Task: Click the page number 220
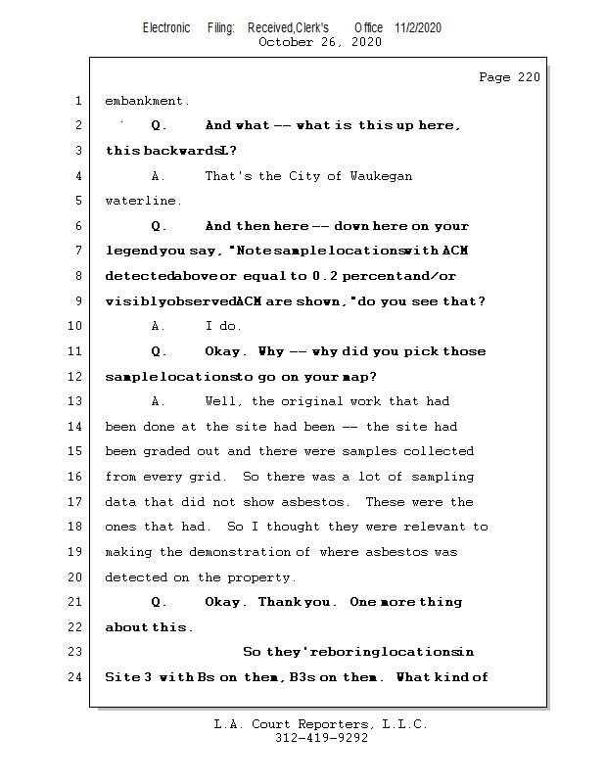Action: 528,77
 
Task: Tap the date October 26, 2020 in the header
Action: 319,42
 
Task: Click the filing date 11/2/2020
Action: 418,27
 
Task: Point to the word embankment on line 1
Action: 144,101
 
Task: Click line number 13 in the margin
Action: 76,401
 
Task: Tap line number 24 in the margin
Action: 76,676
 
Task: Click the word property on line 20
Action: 265,577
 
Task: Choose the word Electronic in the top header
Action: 166,27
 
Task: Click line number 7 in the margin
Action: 76,252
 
